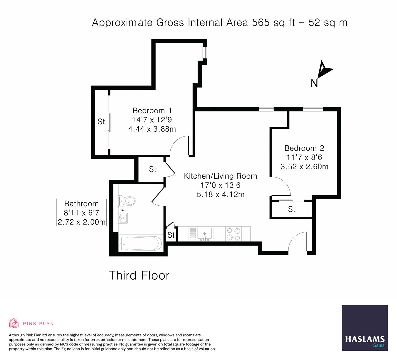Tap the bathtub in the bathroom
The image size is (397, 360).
click(x=140, y=244)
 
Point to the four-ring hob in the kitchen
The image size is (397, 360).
click(x=233, y=233)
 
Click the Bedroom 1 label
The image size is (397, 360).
click(x=152, y=110)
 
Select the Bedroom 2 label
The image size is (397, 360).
click(x=304, y=148)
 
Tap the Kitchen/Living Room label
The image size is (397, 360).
click(x=220, y=176)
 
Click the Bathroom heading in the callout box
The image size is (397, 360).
click(x=81, y=203)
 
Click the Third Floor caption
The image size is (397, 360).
click(x=139, y=276)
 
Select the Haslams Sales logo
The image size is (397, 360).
click(x=365, y=328)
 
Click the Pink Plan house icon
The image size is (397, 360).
click(x=14, y=323)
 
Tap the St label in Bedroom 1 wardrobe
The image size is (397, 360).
click(x=101, y=122)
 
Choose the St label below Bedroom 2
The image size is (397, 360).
click(x=292, y=209)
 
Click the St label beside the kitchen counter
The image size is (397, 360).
click(x=171, y=235)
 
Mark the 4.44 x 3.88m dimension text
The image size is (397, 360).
click(x=152, y=129)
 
